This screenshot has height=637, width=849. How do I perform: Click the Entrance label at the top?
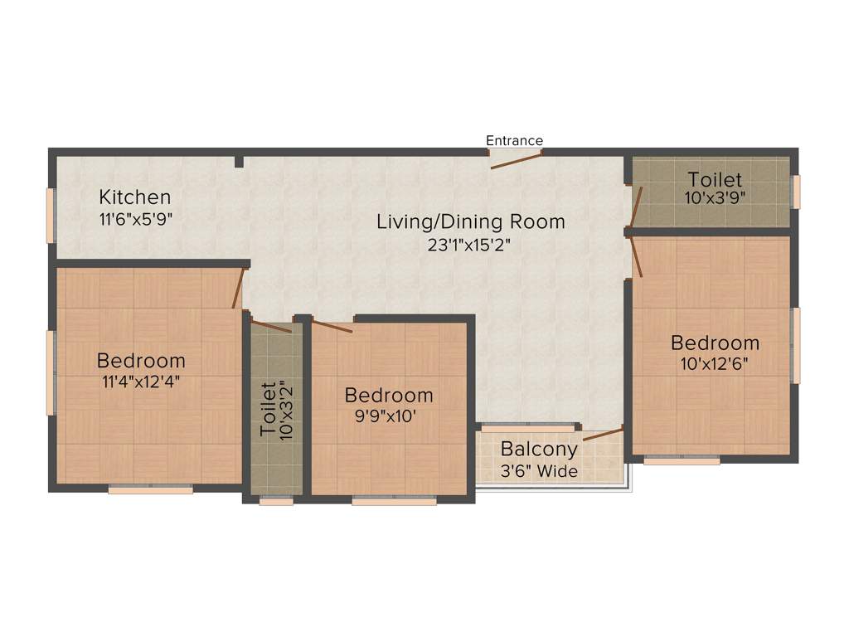514,140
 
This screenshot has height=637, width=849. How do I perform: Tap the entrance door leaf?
516,160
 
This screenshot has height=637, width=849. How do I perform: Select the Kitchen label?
135,197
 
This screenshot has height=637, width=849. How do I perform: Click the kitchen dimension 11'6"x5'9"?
136,219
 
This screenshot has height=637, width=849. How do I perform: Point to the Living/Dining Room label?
471,222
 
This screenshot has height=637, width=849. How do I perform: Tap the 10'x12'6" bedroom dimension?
715,365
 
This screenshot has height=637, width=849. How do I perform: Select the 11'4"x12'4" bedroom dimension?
141,382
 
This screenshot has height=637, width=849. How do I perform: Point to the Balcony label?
539,450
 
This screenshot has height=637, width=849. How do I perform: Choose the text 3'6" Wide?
539,471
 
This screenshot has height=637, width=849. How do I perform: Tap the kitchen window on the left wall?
51,216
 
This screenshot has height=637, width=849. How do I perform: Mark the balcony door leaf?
603,434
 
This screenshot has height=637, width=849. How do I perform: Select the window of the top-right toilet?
796,192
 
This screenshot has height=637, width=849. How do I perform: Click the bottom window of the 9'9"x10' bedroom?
394,501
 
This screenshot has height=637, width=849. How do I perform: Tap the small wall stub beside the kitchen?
239,162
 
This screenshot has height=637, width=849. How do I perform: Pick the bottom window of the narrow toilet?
276,501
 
